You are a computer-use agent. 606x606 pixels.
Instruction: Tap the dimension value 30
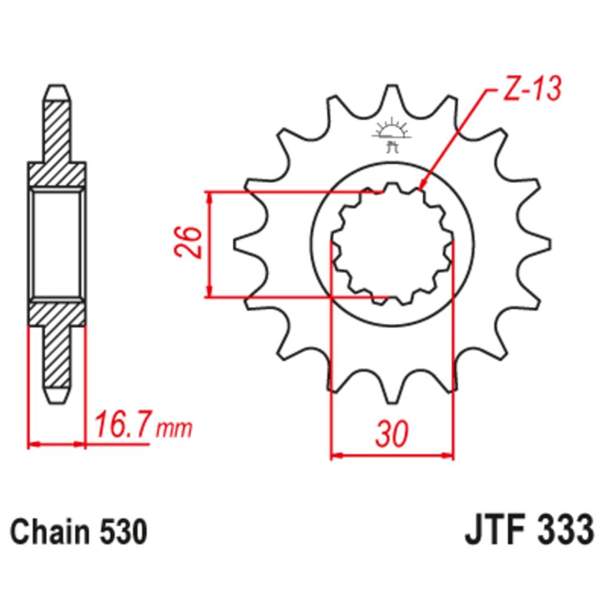coord(391,434)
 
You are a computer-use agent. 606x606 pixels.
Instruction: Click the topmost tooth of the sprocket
coord(393,97)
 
